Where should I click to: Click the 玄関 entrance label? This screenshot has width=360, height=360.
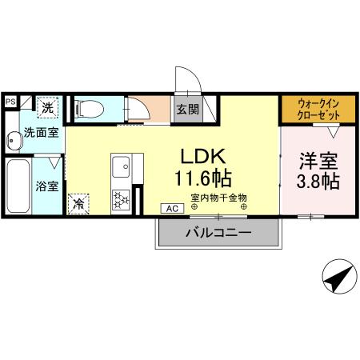(x=187, y=109)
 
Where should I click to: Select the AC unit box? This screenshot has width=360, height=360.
(x=171, y=208)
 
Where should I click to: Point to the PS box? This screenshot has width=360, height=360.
(x=10, y=102)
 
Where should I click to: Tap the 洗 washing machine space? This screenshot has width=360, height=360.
(x=47, y=107)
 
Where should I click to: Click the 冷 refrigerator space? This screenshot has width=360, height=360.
(x=79, y=204)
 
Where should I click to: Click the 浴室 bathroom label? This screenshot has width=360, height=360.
(x=46, y=186)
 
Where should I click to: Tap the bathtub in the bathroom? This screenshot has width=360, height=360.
(x=18, y=186)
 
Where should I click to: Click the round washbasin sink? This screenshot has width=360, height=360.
(x=13, y=142)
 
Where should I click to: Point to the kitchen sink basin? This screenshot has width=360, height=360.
(x=122, y=168)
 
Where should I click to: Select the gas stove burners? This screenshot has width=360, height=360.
(x=122, y=198)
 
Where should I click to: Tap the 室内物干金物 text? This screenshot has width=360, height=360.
(x=219, y=197)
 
